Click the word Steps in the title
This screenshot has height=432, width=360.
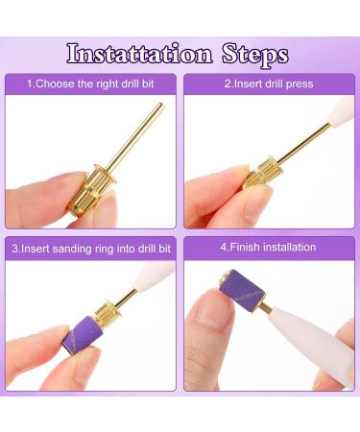coord(255,55)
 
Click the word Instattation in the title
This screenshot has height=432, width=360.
coord(139,53)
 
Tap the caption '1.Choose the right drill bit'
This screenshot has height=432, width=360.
coord(90,84)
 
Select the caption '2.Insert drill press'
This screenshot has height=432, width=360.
coord(269,84)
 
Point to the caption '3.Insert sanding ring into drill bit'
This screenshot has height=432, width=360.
coord(91,249)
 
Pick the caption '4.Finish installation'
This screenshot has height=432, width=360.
coord(268,247)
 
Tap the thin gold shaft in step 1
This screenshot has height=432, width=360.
coord(137,136)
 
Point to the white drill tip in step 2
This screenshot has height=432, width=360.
coord(341,109)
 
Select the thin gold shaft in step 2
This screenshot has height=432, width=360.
coord(303,143)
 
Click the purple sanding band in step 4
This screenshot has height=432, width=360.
coord(242,286)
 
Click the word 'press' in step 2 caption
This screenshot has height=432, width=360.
coord(300,84)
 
